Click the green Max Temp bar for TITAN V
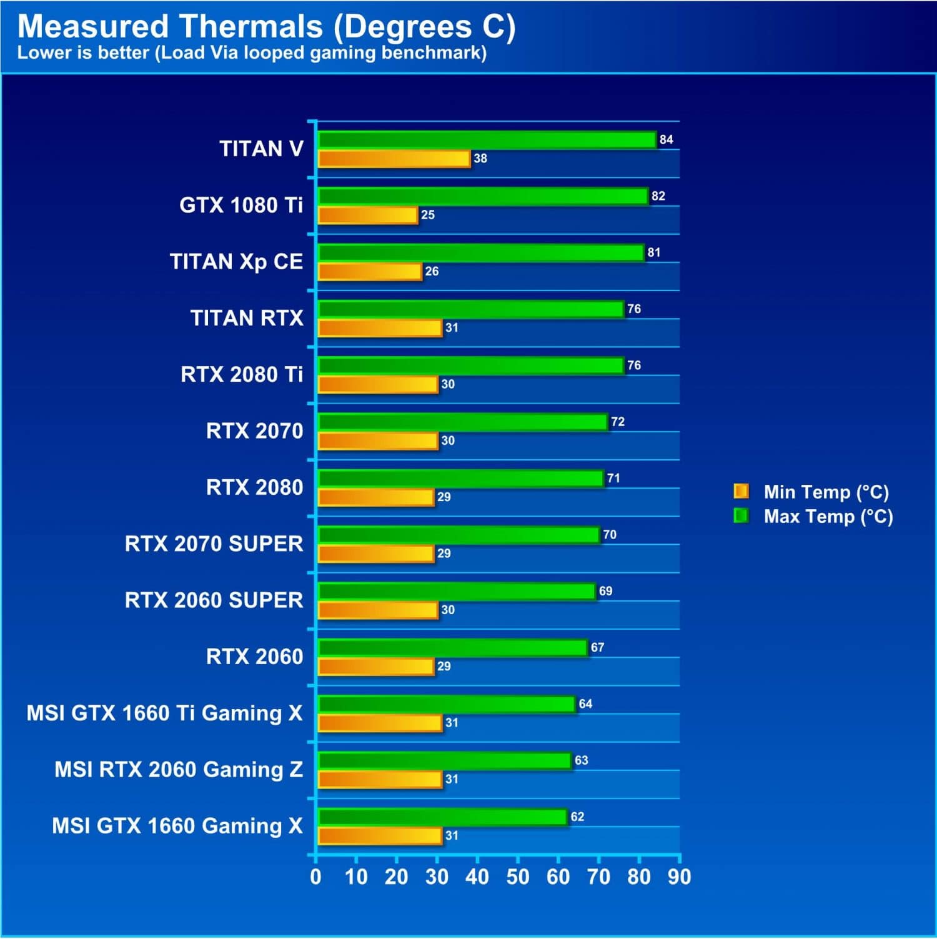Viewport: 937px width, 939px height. pos(487,140)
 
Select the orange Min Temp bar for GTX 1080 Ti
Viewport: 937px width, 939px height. pos(368,215)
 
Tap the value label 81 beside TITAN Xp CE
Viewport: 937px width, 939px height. pos(654,252)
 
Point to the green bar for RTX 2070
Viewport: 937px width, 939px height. pos(463,422)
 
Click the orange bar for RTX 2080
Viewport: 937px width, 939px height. pos(376,497)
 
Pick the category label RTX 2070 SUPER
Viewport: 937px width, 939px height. pos(214,544)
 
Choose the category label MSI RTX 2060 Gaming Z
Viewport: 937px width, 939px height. pos(179,770)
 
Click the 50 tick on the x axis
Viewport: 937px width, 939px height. pos(518,877)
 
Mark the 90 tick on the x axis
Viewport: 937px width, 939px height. pos(680,877)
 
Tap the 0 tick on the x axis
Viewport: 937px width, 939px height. pos(316,877)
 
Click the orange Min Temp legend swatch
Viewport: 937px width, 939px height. pos(741,492)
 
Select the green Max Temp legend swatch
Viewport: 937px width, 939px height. pos(741,516)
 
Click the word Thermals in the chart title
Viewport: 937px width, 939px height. pos(251,27)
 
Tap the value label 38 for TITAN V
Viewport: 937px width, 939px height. pos(480,159)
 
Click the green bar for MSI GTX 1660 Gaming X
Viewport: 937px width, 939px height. pos(443,817)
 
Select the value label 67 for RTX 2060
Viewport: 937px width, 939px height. pos(598,648)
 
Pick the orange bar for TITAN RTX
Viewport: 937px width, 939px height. pos(380,328)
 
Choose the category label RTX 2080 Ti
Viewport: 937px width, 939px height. pos(242,374)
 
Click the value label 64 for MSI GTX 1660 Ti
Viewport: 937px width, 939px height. pos(585,704)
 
